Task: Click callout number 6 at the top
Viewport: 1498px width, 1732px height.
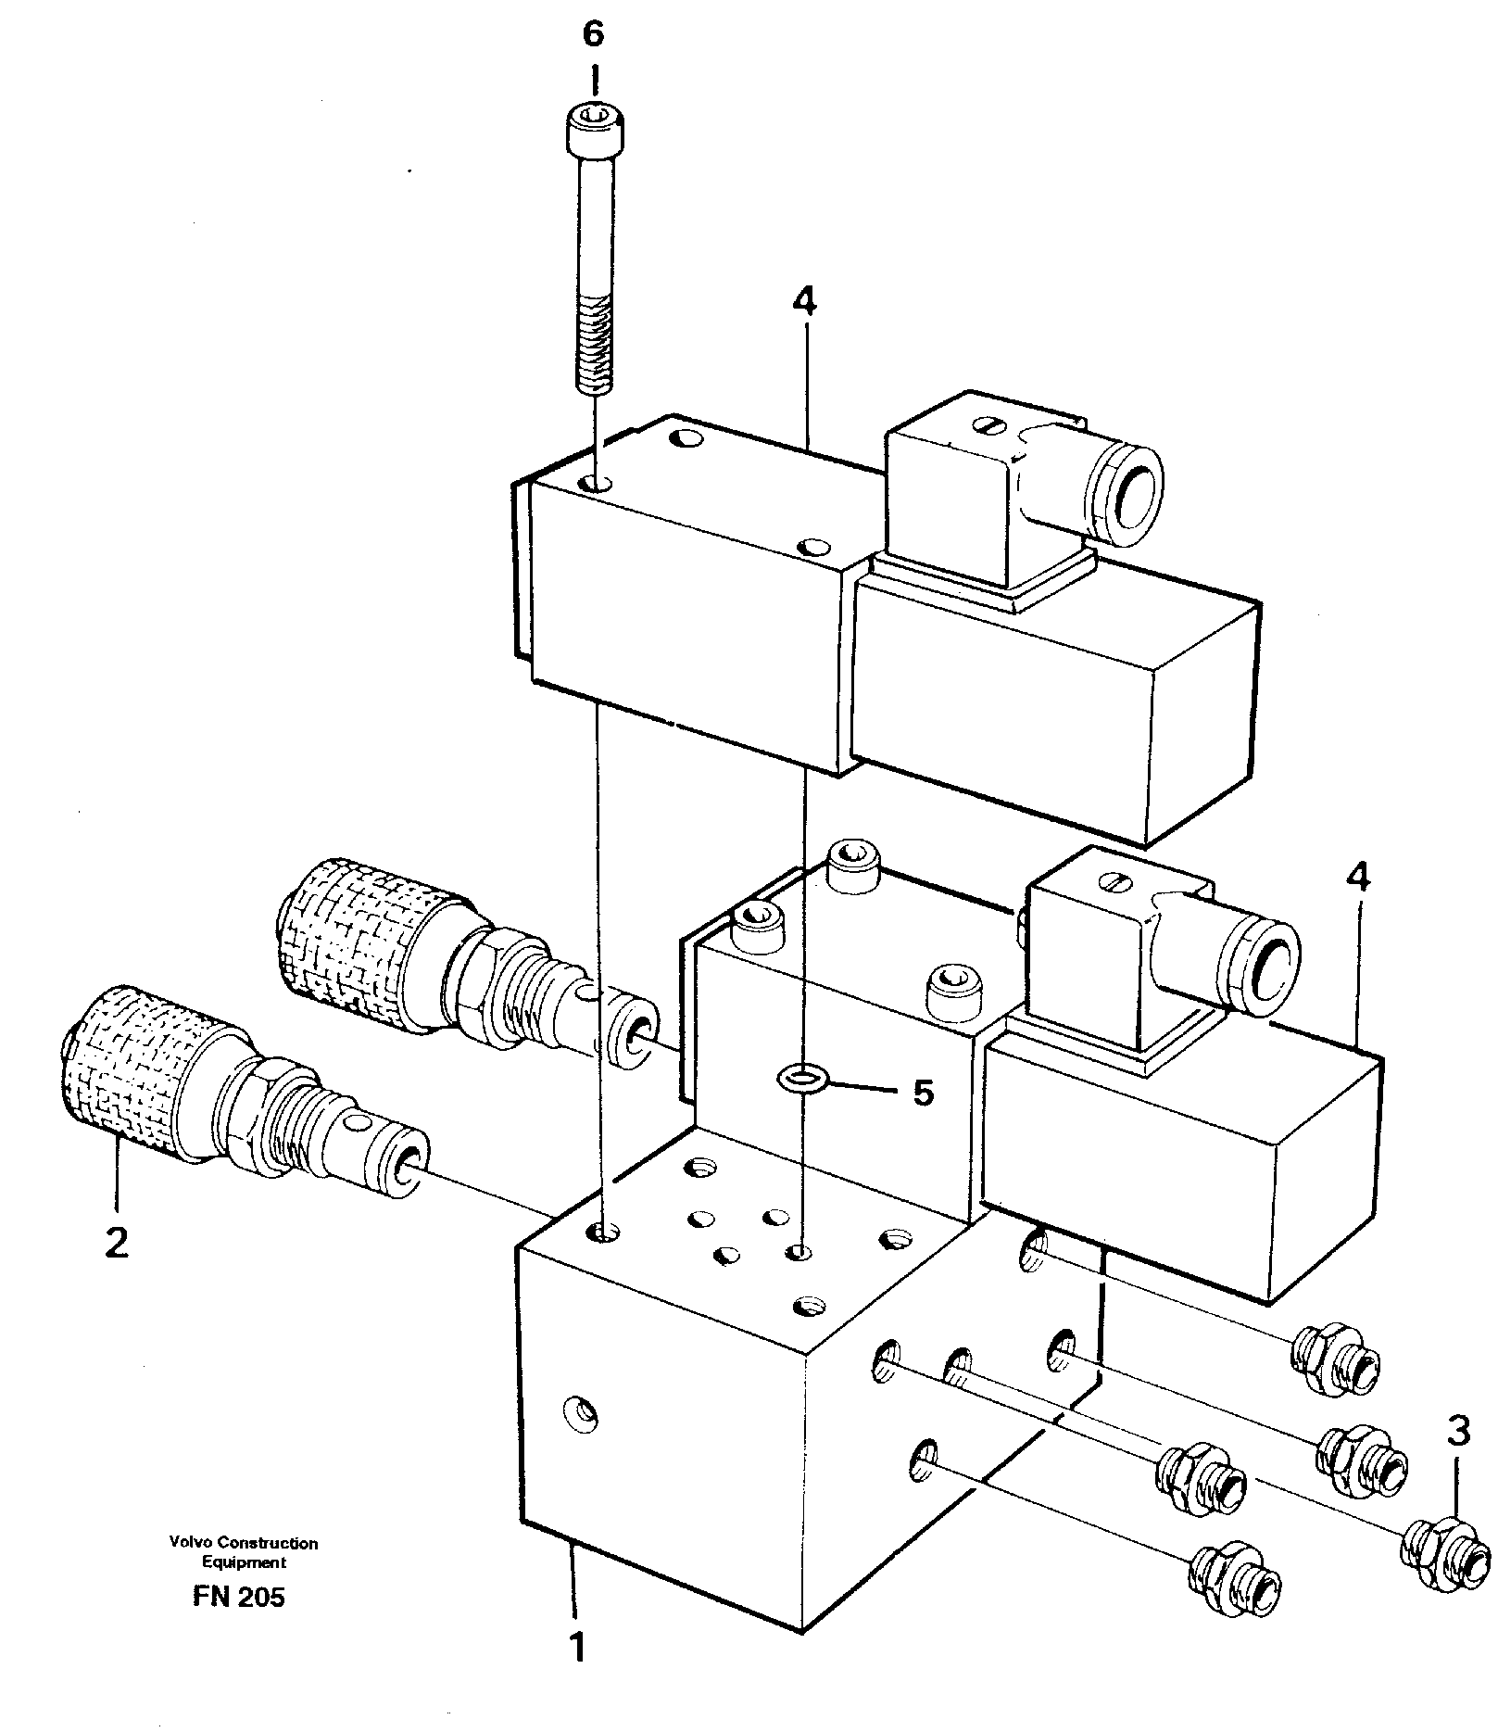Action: click(x=593, y=34)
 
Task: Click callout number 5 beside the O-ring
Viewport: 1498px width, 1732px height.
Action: click(x=923, y=1093)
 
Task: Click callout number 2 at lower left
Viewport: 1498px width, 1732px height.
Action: click(x=117, y=1243)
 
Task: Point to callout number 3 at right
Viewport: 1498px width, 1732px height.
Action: click(x=1458, y=1432)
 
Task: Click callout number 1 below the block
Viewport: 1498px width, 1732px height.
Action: click(x=577, y=1649)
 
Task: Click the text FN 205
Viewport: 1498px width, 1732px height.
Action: click(x=239, y=1598)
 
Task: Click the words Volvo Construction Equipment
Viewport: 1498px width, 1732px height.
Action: click(x=244, y=1552)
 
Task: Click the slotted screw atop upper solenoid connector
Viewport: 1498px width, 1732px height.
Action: click(x=987, y=425)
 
